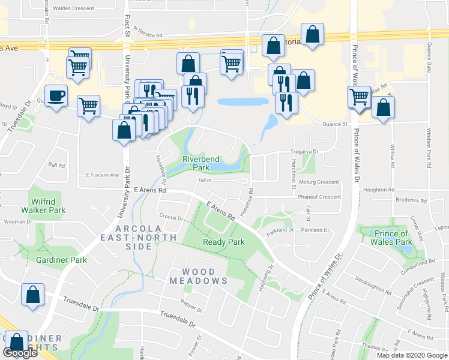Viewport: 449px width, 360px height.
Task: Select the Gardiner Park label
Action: click(61, 260)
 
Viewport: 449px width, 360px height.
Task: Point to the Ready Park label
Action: click(224, 242)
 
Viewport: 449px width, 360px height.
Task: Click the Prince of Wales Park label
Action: click(391, 238)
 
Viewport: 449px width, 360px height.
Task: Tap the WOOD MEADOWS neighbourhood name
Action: click(198, 276)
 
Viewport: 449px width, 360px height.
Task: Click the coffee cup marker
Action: click(56, 95)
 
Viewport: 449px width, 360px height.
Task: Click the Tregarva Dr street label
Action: click(304, 152)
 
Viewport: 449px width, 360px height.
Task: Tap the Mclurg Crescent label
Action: click(319, 182)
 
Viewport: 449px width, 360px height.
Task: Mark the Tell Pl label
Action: click(205, 180)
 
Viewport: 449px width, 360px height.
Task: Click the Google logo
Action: click(20, 353)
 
